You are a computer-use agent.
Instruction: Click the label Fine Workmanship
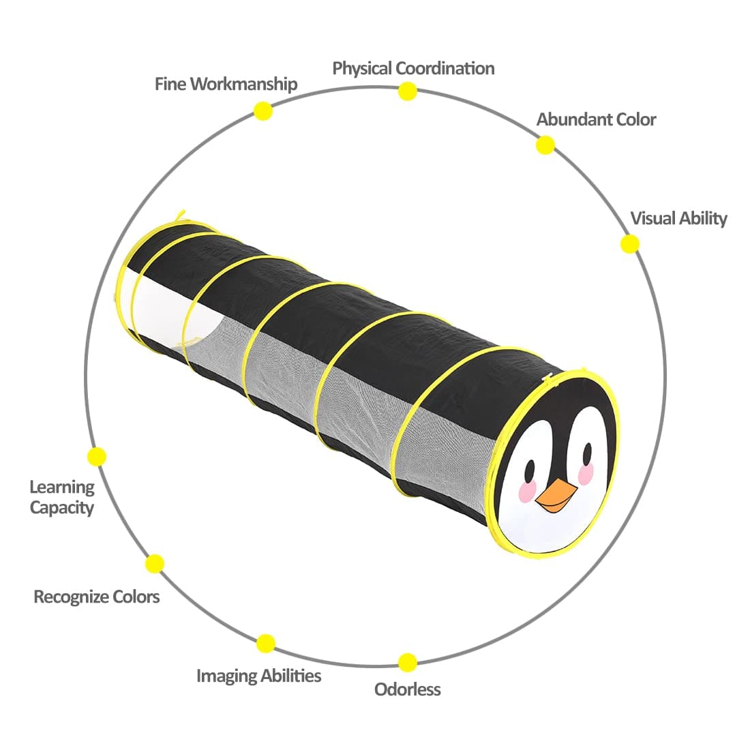click(x=226, y=84)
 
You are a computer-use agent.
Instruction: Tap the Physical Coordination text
click(x=413, y=68)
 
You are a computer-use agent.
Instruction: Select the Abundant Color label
click(x=596, y=119)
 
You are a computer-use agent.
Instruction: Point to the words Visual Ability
click(x=678, y=218)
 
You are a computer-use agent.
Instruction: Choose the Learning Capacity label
click(x=62, y=497)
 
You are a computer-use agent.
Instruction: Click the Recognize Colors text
click(x=97, y=597)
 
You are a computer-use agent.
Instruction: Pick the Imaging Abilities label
click(x=258, y=676)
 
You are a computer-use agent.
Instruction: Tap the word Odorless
click(x=408, y=689)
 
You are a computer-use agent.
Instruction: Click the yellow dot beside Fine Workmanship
click(x=262, y=110)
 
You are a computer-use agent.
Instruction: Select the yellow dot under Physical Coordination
click(x=408, y=91)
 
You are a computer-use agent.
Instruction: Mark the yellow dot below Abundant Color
click(x=545, y=145)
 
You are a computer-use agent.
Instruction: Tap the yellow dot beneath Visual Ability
click(x=629, y=243)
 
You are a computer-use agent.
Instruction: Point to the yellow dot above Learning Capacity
click(x=97, y=456)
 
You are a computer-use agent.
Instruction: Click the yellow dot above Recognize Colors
click(x=155, y=564)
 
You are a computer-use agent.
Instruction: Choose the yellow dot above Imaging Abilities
click(x=266, y=643)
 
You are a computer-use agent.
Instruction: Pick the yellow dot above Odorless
click(x=408, y=662)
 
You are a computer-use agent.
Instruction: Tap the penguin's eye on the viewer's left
click(x=529, y=469)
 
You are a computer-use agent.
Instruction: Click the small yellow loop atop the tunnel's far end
click(x=180, y=216)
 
